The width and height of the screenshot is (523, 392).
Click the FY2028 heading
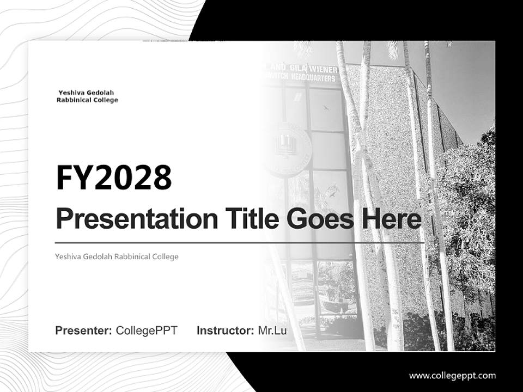click(114, 177)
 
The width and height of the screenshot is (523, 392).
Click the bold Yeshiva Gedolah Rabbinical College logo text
click(87, 96)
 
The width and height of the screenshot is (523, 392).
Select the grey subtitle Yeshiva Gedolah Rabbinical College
click(117, 256)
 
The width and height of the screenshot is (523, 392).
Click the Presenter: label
click(84, 330)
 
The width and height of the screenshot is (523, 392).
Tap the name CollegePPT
click(147, 330)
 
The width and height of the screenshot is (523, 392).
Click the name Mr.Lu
click(272, 330)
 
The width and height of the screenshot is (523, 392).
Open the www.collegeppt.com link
click(452, 376)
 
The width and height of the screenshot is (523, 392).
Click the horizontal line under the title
click(240, 242)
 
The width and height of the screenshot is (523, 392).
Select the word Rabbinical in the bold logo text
click(74, 100)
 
